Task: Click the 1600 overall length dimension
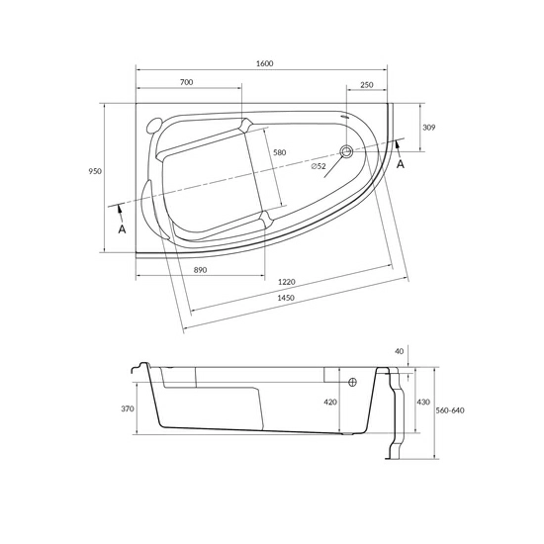coord(264,63)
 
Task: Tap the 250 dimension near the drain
coord(367,85)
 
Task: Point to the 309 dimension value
coord(428,128)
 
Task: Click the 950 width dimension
coord(95,171)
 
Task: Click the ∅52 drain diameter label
coord(317,166)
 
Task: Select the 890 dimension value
coord(200,269)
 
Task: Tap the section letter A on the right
coord(400,164)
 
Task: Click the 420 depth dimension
coord(330,403)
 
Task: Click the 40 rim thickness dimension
coord(399,351)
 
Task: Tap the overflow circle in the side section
coord(352,382)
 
